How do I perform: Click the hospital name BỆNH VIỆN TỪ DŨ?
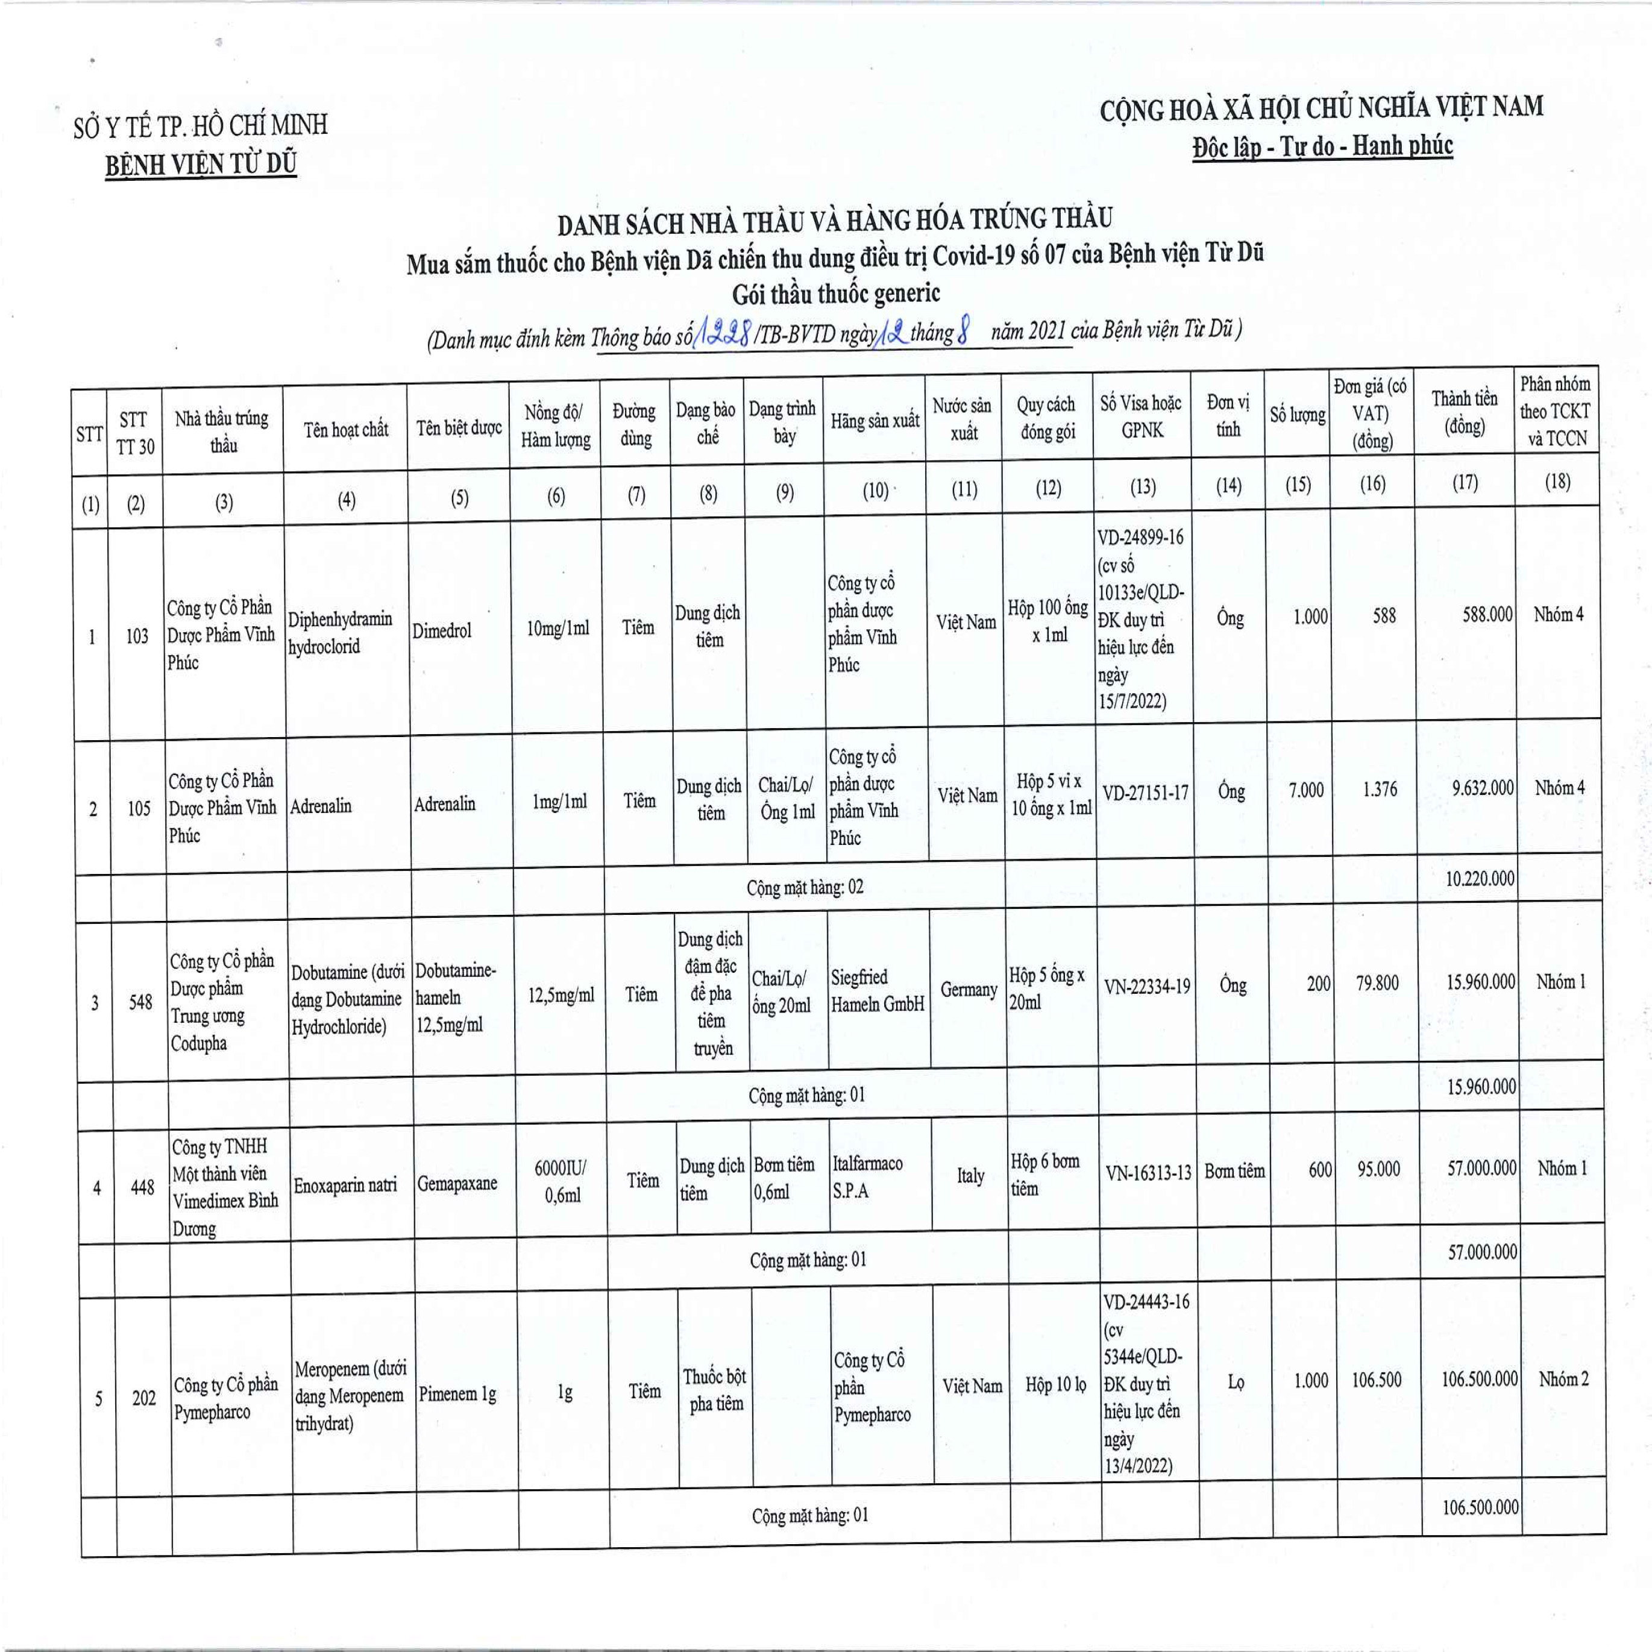click(201, 163)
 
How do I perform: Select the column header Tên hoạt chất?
click(345, 429)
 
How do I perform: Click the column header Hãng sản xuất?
click(875, 421)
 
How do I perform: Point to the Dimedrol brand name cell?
click(441, 631)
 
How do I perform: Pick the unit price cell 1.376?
click(1379, 789)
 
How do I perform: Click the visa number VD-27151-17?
click(1145, 793)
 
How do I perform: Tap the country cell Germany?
click(969, 989)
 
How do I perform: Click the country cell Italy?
click(970, 1176)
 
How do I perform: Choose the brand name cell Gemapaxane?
click(457, 1184)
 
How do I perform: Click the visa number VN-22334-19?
click(1147, 987)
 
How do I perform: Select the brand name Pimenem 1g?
click(457, 1394)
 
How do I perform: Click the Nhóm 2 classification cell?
click(1563, 1379)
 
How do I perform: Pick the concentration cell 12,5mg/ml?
click(562, 995)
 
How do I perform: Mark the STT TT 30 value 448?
click(142, 1188)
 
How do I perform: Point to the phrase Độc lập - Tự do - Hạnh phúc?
click(1322, 146)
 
